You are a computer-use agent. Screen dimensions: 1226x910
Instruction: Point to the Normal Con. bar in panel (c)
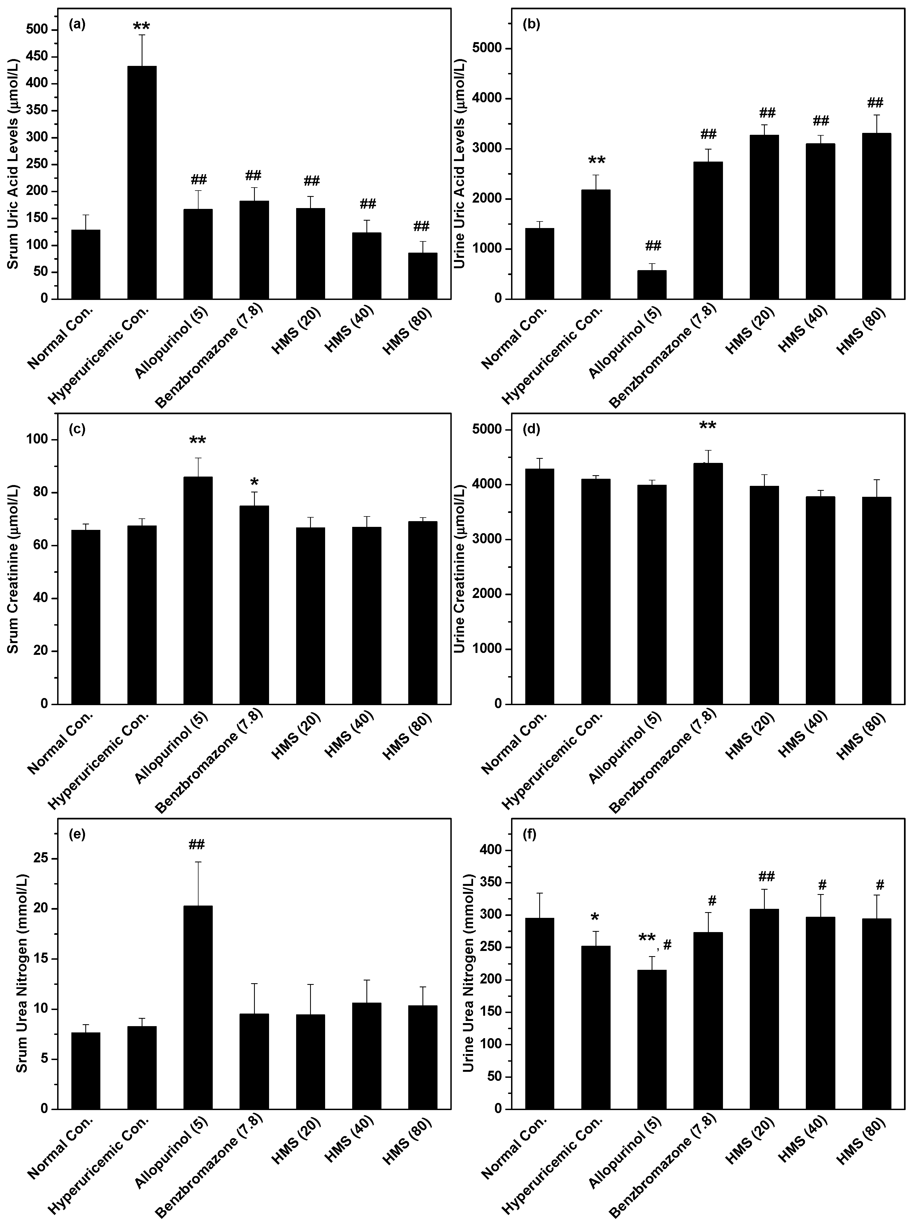85,617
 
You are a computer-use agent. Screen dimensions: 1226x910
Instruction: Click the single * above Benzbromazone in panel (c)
254,483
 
